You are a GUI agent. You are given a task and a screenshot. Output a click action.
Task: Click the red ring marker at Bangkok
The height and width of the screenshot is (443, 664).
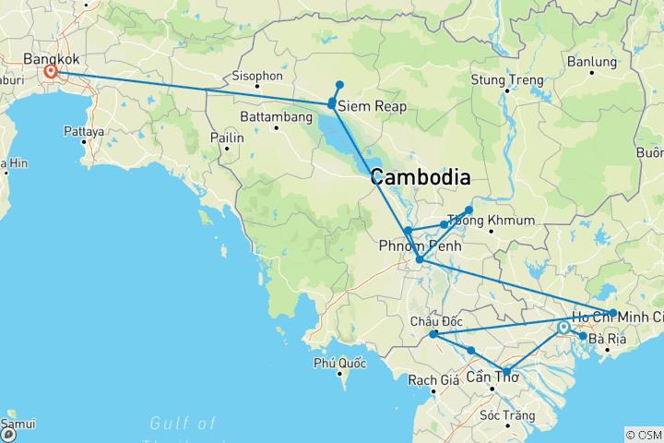[52, 71]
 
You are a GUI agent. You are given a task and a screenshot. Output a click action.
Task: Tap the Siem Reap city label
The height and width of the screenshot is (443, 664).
[372, 107]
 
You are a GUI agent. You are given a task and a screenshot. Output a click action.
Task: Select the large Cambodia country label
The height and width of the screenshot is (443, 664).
[420, 178]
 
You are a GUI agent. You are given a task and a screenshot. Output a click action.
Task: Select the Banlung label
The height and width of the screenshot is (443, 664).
[592, 62]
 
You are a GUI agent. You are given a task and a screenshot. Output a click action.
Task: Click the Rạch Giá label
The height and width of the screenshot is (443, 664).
[438, 379]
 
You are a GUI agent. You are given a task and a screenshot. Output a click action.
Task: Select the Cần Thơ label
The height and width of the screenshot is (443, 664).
[492, 377]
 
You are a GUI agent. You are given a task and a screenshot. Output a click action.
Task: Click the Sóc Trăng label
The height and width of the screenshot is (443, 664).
[508, 415]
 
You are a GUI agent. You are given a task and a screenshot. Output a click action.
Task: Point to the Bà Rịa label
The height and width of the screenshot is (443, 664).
[608, 340]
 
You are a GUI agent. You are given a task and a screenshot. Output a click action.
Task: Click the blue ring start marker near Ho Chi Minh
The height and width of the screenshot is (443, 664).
[563, 327]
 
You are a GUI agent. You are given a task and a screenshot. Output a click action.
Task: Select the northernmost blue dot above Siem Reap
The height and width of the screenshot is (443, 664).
[339, 85]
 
